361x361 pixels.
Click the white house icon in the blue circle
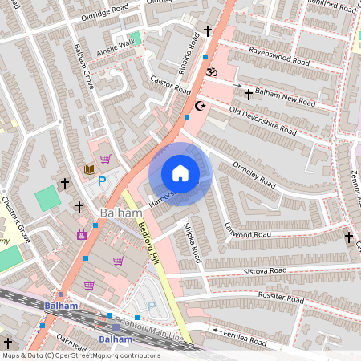click(180, 173)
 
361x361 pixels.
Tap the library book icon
click(90, 169)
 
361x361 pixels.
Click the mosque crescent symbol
click(200, 105)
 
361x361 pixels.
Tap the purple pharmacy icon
click(81, 235)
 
